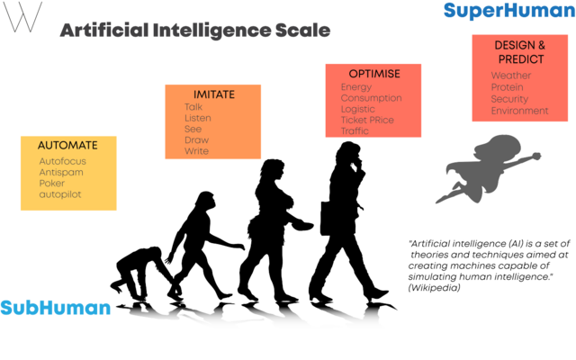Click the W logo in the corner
coord(22,17)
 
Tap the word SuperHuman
coord(509,11)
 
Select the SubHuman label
coord(56,308)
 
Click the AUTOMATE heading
coord(67,146)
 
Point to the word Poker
coord(52,184)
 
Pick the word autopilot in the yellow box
coord(60,194)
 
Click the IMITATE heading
coord(214,94)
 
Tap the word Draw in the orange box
coord(196,140)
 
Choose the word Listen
coord(198,118)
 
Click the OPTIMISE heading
coord(374,74)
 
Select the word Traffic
coord(355,131)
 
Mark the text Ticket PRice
coord(367,120)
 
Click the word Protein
coord(507,87)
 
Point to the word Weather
coord(511,76)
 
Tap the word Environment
coord(520,111)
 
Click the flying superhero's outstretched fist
coord(536,156)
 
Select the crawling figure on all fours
coord(141,273)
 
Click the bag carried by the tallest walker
coord(326,218)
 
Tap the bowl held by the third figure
coord(302,225)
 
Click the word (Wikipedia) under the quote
coord(434,288)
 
